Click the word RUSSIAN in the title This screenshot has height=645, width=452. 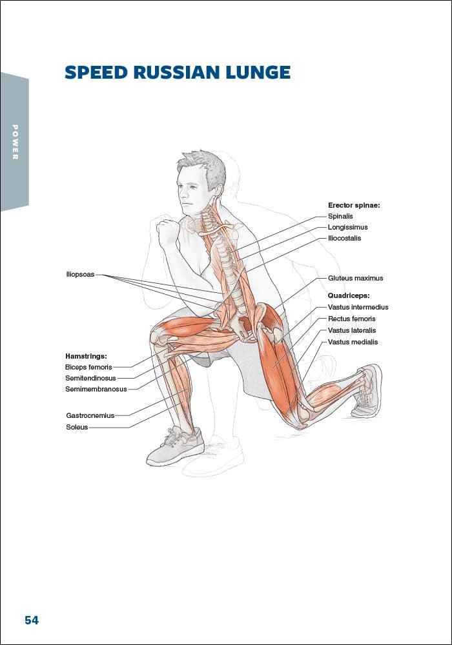172,72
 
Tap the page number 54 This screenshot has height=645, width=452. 32,620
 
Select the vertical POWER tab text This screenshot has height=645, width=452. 15,142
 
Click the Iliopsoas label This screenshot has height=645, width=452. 80,274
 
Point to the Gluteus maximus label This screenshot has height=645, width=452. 355,278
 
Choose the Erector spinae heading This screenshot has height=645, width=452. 354,205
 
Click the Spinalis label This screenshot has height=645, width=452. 340,216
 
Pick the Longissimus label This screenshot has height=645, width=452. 347,227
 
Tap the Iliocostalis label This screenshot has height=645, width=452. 344,238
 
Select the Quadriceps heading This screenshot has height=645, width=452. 349,295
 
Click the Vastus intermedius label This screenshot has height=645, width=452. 358,307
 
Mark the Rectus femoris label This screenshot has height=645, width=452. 351,319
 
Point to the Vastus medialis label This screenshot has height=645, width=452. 353,342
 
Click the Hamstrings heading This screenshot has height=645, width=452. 86,355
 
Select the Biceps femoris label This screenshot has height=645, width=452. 88,367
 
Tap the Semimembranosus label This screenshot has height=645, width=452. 96,389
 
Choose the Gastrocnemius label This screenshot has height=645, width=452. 90,415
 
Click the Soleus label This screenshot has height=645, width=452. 77,427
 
